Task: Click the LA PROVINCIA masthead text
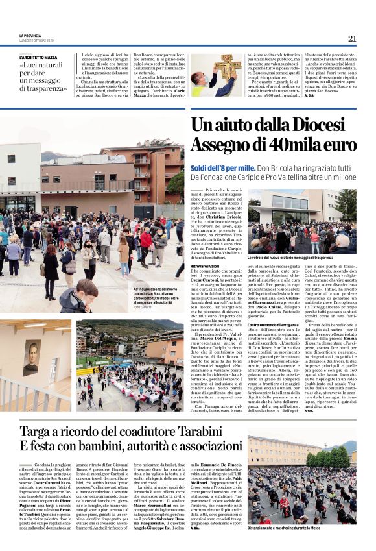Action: pyautogui.click(x=30, y=35)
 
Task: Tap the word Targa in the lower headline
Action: pyautogui.click(x=40, y=431)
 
